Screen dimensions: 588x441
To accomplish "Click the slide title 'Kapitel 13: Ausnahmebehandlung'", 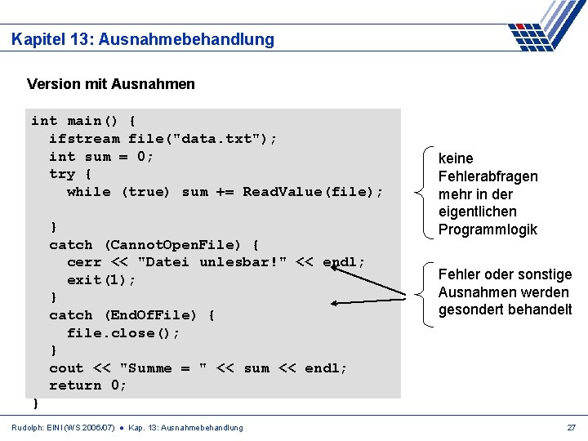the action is tap(143, 39).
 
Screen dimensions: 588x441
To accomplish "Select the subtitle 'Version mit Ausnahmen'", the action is tap(110, 83).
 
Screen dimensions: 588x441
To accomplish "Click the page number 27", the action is tap(572, 427).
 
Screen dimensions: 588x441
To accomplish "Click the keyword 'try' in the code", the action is tap(62, 174).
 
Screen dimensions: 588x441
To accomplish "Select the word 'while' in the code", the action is tap(89, 192).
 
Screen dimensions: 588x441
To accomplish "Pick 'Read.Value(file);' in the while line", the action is tap(313, 192).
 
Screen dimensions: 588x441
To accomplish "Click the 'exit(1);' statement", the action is tap(102, 280).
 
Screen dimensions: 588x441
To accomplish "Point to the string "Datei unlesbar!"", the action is tap(212, 262).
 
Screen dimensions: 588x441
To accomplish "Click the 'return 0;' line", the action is tap(88, 385).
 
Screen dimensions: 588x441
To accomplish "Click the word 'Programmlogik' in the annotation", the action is tap(488, 229).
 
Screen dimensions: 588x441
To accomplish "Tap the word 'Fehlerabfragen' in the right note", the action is tap(488, 176).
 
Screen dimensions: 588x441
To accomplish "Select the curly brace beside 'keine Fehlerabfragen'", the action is tap(423, 194).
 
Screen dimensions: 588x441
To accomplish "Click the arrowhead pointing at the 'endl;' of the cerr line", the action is tap(336, 266).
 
